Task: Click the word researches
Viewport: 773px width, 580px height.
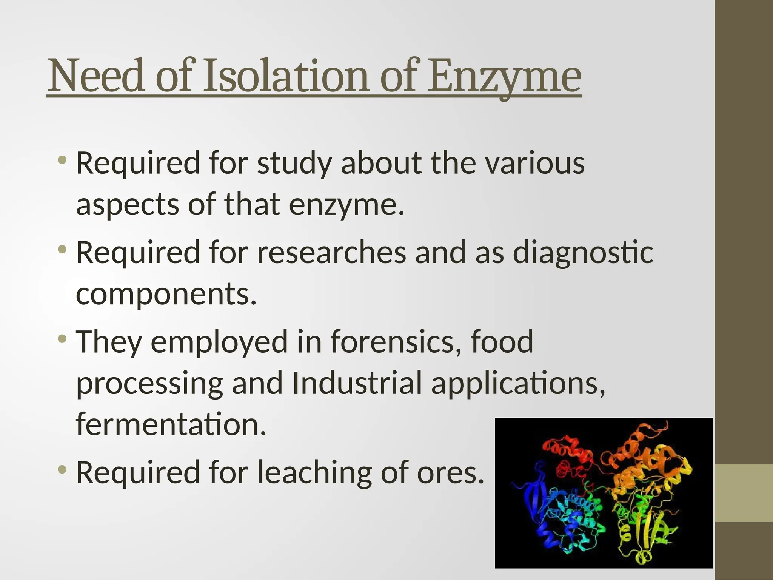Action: [331, 253]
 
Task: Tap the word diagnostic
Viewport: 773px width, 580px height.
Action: [583, 253]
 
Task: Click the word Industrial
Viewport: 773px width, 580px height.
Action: [357, 383]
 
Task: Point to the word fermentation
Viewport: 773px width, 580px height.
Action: [171, 424]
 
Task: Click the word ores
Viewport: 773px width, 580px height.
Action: [451, 473]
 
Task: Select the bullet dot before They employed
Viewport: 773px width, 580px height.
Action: [62, 338]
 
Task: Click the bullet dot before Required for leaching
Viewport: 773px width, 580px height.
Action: [62, 469]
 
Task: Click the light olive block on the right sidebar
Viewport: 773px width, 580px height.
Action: [744, 493]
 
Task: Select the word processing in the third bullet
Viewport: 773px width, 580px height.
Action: [149, 384]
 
